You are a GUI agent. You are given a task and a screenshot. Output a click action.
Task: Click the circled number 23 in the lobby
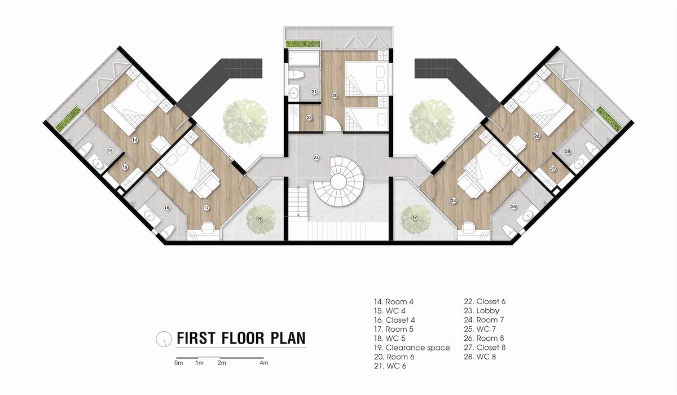pos(316,157)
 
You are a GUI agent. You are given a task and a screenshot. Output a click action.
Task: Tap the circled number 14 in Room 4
pos(135,140)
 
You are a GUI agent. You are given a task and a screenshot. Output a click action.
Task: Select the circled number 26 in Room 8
pos(537,136)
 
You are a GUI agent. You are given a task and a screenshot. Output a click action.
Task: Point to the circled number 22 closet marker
pos(309,117)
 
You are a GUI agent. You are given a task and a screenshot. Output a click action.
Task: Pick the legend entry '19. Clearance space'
pos(412,348)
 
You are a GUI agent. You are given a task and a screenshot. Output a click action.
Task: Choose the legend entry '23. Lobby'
pos(482,311)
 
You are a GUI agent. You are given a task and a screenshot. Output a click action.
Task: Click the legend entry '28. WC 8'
pos(480,357)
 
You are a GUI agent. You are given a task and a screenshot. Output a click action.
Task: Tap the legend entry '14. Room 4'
pos(394,302)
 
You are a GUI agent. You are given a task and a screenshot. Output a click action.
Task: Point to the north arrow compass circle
pos(164,339)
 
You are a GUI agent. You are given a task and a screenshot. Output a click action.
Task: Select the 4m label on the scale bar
pos(264,363)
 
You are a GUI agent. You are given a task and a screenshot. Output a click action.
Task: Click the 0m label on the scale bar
pos(179,363)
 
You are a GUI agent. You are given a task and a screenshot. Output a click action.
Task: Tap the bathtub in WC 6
pos(304,58)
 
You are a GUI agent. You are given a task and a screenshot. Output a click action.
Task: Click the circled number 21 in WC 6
pos(314,91)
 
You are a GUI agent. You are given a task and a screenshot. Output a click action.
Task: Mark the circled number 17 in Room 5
pos(206,208)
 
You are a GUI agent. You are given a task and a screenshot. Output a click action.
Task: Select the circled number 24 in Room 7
pos(454,200)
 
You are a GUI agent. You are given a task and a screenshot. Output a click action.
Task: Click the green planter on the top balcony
pos(303,44)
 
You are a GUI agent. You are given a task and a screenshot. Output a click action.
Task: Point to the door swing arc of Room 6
pos(333,125)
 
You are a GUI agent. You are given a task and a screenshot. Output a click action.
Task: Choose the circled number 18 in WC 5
pos(166,207)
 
